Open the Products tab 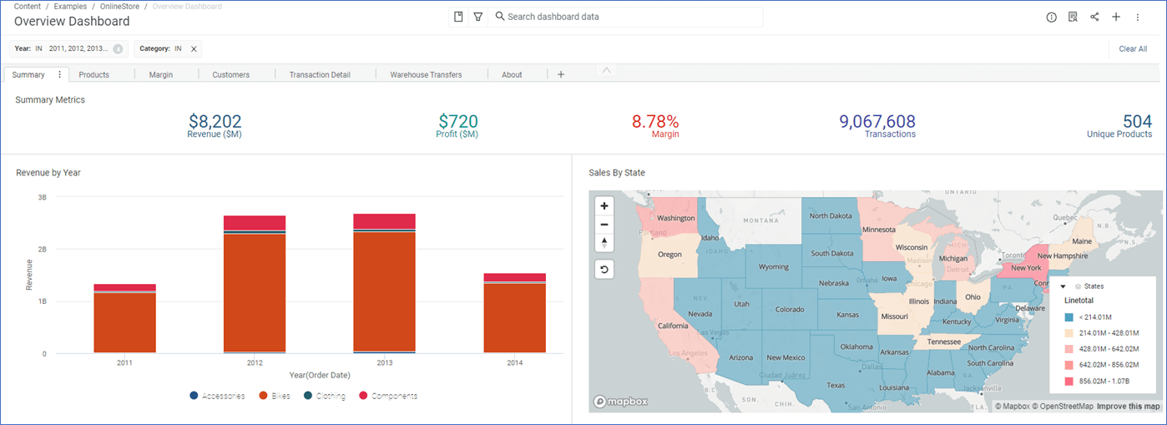[93, 74]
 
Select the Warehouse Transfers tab [426, 74]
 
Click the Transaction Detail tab [320, 74]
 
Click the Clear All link [1132, 49]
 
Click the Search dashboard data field [626, 17]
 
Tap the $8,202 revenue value [215, 122]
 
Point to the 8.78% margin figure [654, 122]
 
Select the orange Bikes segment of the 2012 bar [255, 292]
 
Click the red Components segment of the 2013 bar [384, 221]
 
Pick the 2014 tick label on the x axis [514, 363]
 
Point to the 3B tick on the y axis [42, 197]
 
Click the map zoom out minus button [604, 224]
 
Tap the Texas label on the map [836, 385]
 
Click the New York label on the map [1026, 268]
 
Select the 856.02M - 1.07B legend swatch [1068, 382]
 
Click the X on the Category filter [194, 49]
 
